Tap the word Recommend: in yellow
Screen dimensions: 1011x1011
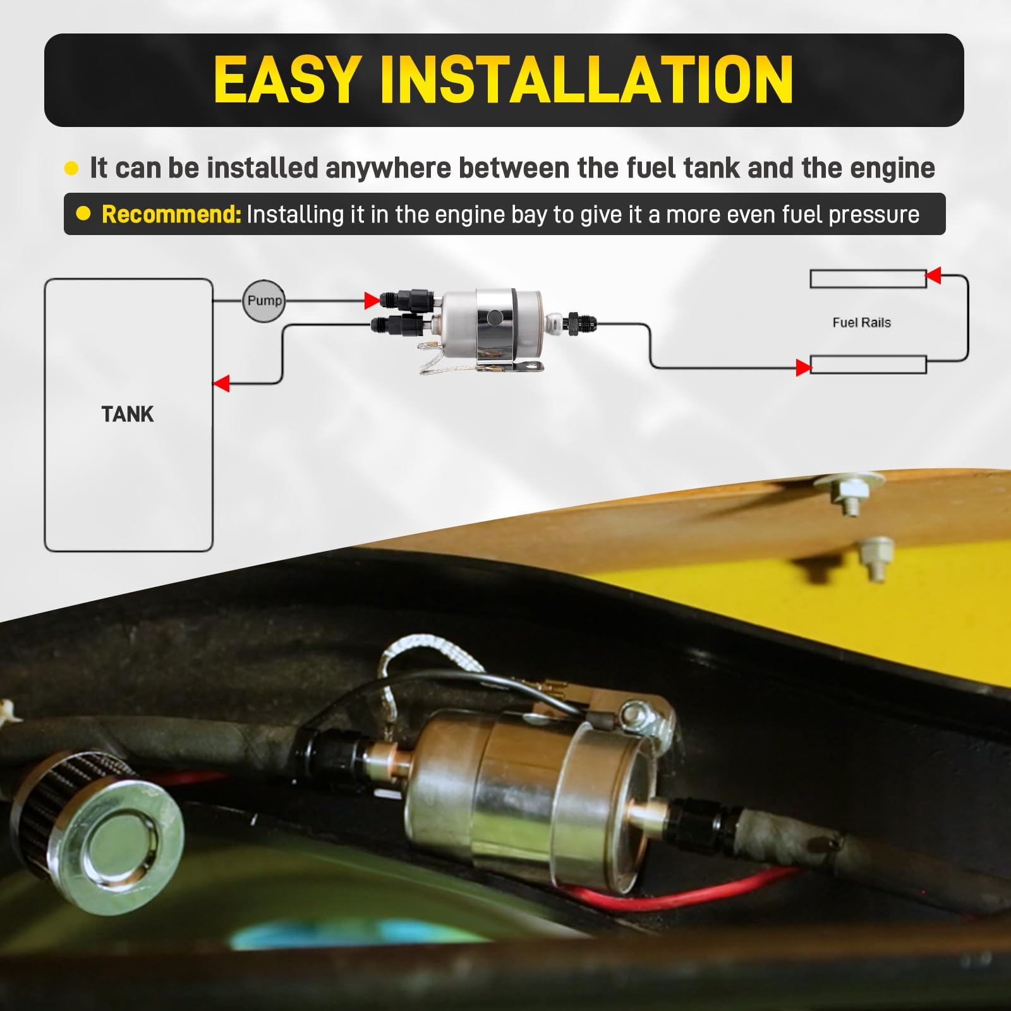pyautogui.click(x=171, y=214)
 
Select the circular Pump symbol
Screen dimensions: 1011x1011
pyautogui.click(x=263, y=301)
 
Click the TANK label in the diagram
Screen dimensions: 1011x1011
pyautogui.click(x=128, y=415)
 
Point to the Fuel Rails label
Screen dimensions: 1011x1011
pyautogui.click(x=861, y=322)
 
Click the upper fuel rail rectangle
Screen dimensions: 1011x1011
pyautogui.click(x=868, y=279)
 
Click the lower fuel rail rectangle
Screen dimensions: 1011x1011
pyautogui.click(x=868, y=365)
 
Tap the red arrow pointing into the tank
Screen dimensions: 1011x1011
pyautogui.click(x=221, y=383)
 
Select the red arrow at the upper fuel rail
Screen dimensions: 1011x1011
pyautogui.click(x=933, y=275)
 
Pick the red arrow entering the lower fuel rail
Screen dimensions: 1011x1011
pyautogui.click(x=803, y=367)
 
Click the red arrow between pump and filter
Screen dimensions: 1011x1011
pyautogui.click(x=372, y=300)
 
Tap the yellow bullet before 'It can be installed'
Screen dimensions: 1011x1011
pyautogui.click(x=71, y=168)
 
